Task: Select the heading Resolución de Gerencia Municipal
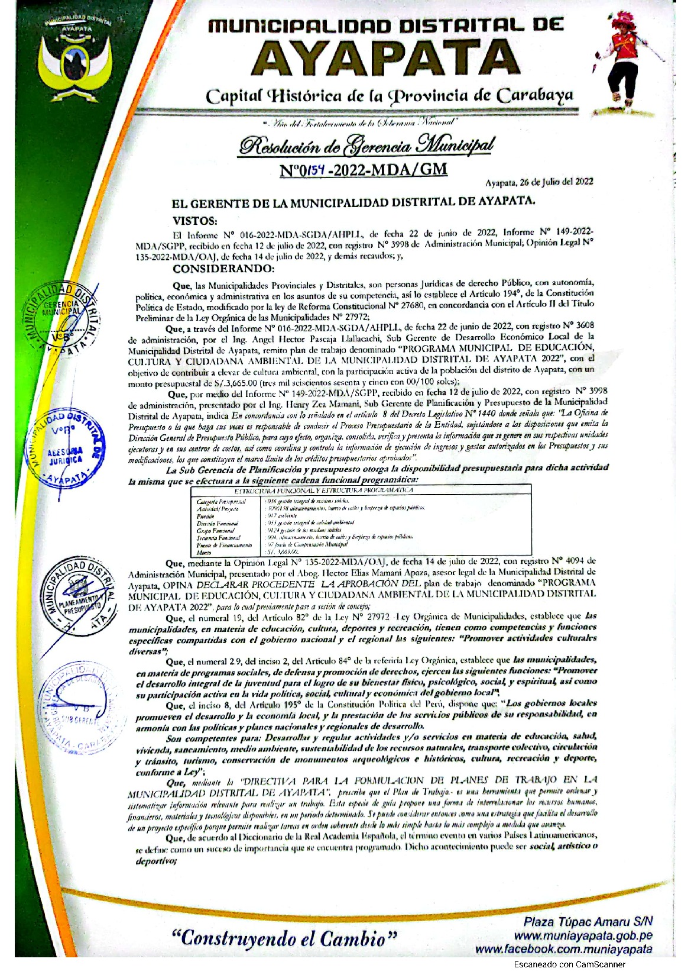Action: coord(366,146)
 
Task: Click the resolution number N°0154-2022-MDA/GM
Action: coord(364,170)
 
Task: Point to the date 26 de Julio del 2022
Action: coord(539,182)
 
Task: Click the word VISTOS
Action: coord(194,221)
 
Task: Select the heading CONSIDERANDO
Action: coord(223,269)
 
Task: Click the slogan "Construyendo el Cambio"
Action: coord(284,938)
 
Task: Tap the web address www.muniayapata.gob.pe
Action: coord(582,936)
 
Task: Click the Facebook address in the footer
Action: coord(563,949)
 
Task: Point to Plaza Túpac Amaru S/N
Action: coord(588,922)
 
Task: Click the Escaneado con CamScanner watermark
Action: coord(569,964)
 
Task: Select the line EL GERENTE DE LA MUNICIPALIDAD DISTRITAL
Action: coord(353,202)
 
